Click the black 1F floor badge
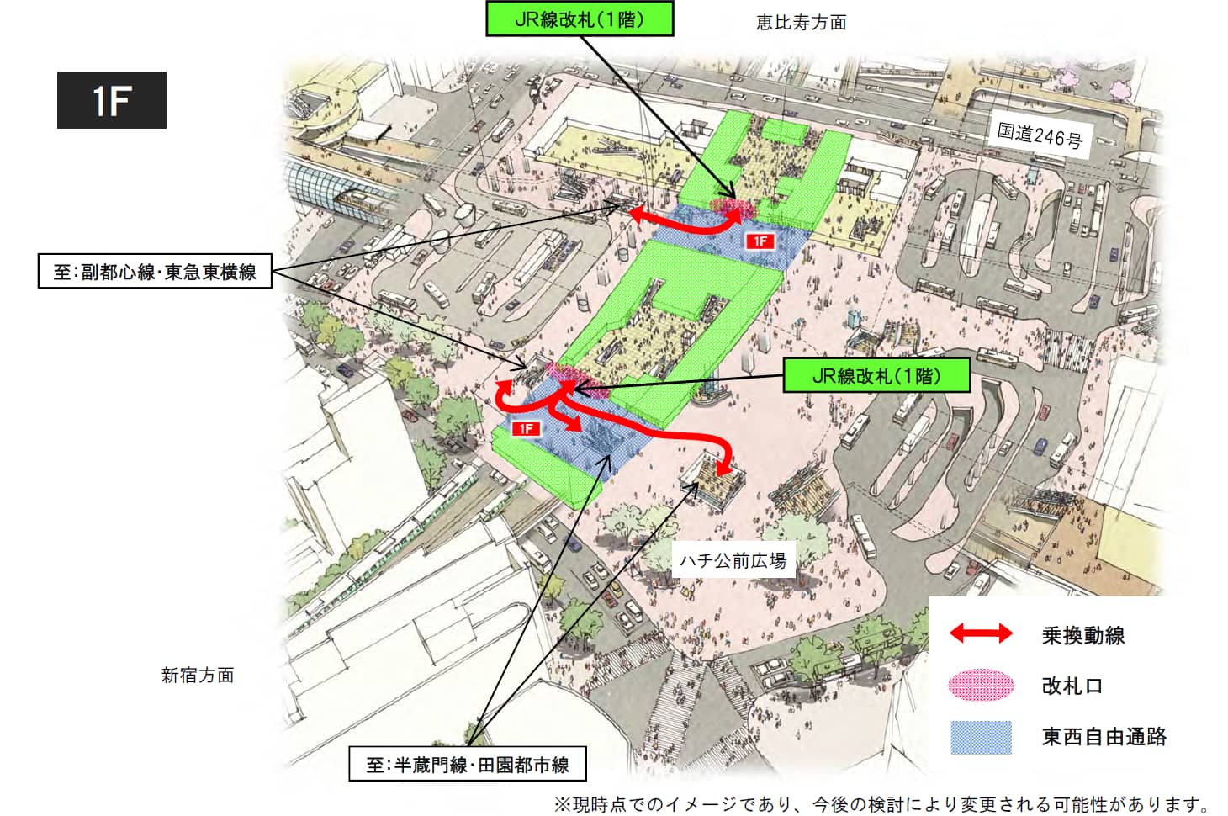[111, 100]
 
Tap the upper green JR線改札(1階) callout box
[580, 19]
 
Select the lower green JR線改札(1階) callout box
[876, 375]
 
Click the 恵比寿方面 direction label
[801, 23]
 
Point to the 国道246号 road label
[1040, 135]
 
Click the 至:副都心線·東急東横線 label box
[155, 271]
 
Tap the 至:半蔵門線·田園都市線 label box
[467, 765]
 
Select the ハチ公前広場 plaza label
[733, 560]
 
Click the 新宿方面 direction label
[198, 675]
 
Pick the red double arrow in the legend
[981, 633]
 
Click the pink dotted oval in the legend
[981, 685]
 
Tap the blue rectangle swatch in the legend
[981, 737]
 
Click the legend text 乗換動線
[1082, 635]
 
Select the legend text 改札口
[1072, 686]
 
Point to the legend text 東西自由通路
[1104, 737]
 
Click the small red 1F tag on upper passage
[760, 241]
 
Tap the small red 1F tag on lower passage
[526, 429]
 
